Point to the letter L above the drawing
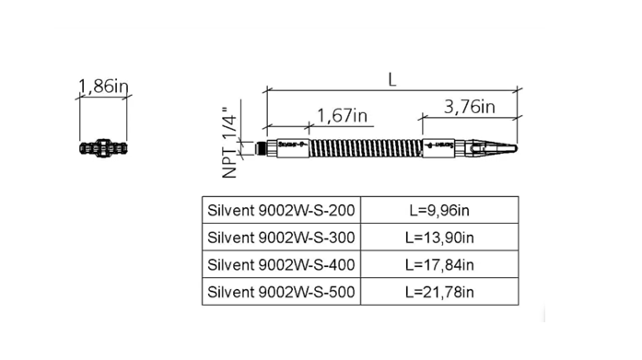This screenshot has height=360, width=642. pyautogui.click(x=392, y=79)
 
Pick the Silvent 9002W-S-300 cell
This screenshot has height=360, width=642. pyautogui.click(x=278, y=238)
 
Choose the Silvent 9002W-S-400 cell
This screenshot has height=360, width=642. pyautogui.click(x=278, y=265)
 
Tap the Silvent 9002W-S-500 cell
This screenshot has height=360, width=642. pyautogui.click(x=278, y=292)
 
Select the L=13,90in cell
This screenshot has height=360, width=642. pyautogui.click(x=438, y=238)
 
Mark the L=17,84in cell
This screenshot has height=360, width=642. pyautogui.click(x=438, y=265)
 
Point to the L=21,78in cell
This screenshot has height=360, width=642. pyautogui.click(x=438, y=292)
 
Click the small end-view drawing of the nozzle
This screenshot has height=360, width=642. pyautogui.click(x=101, y=147)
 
